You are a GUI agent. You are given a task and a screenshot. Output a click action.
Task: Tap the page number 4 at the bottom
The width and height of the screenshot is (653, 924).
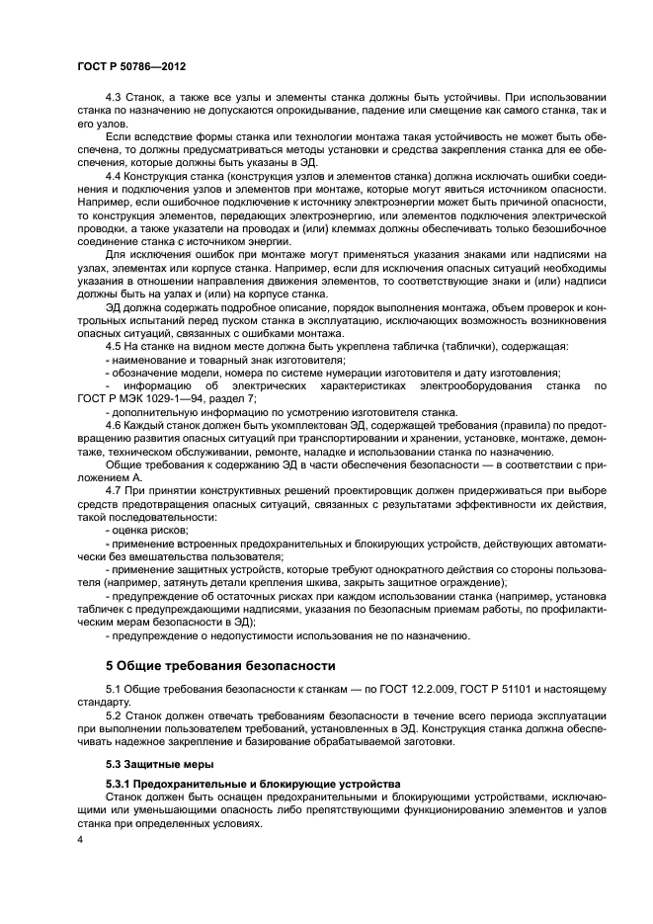coord(80,839)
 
